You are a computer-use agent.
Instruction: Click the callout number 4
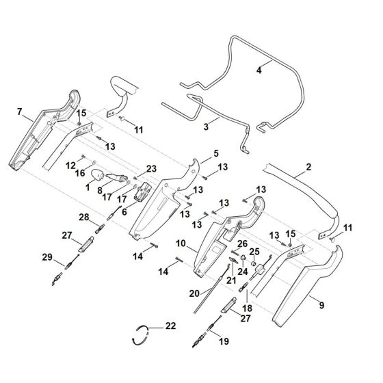coord(259,69)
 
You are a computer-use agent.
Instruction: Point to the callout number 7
coord(20,111)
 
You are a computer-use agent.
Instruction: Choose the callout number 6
coord(125,213)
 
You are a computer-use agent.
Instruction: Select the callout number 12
coord(70,166)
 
